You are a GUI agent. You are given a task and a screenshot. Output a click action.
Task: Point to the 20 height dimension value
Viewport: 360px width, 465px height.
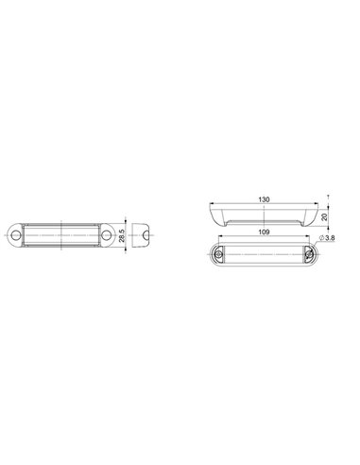pyautogui.click(x=323, y=215)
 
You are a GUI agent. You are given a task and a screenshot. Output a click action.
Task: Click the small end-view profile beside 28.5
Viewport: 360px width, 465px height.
pyautogui.click(x=150, y=233)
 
